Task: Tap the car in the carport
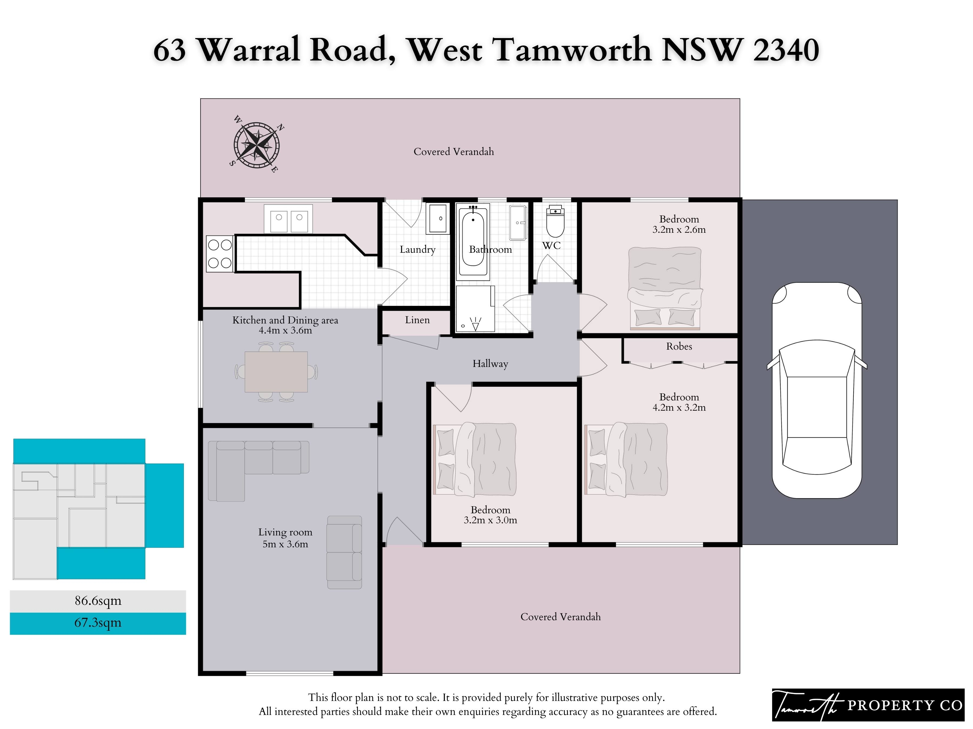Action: [817, 390]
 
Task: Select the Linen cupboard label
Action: [417, 320]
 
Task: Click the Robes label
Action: [679, 346]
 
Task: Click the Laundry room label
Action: [417, 249]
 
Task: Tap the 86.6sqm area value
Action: [98, 601]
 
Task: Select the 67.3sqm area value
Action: [98, 623]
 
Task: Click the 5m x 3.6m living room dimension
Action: [285, 544]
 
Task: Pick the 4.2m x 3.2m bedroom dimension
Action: [679, 407]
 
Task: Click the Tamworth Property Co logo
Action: [868, 705]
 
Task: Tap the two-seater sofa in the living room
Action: [344, 552]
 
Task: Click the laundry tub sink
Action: [437, 218]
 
